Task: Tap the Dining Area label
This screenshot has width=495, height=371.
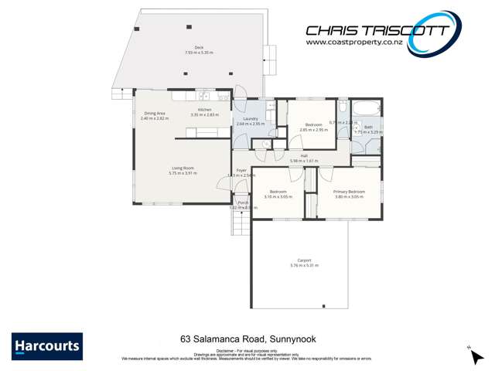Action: click(155, 114)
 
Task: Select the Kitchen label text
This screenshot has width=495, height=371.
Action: click(205, 110)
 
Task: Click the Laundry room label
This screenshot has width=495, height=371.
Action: click(250, 119)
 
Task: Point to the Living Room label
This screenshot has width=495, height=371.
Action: click(183, 168)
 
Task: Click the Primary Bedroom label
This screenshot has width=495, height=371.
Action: click(349, 192)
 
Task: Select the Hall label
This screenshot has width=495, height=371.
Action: click(305, 156)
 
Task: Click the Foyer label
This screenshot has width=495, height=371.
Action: click(241, 170)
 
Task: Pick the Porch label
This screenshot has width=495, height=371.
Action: click(243, 203)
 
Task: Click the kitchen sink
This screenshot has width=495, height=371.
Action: click(204, 96)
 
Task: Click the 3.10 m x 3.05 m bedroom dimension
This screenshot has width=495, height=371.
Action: click(278, 196)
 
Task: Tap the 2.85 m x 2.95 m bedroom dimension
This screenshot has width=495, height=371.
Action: click(313, 130)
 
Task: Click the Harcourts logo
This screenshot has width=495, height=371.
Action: click(47, 345)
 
